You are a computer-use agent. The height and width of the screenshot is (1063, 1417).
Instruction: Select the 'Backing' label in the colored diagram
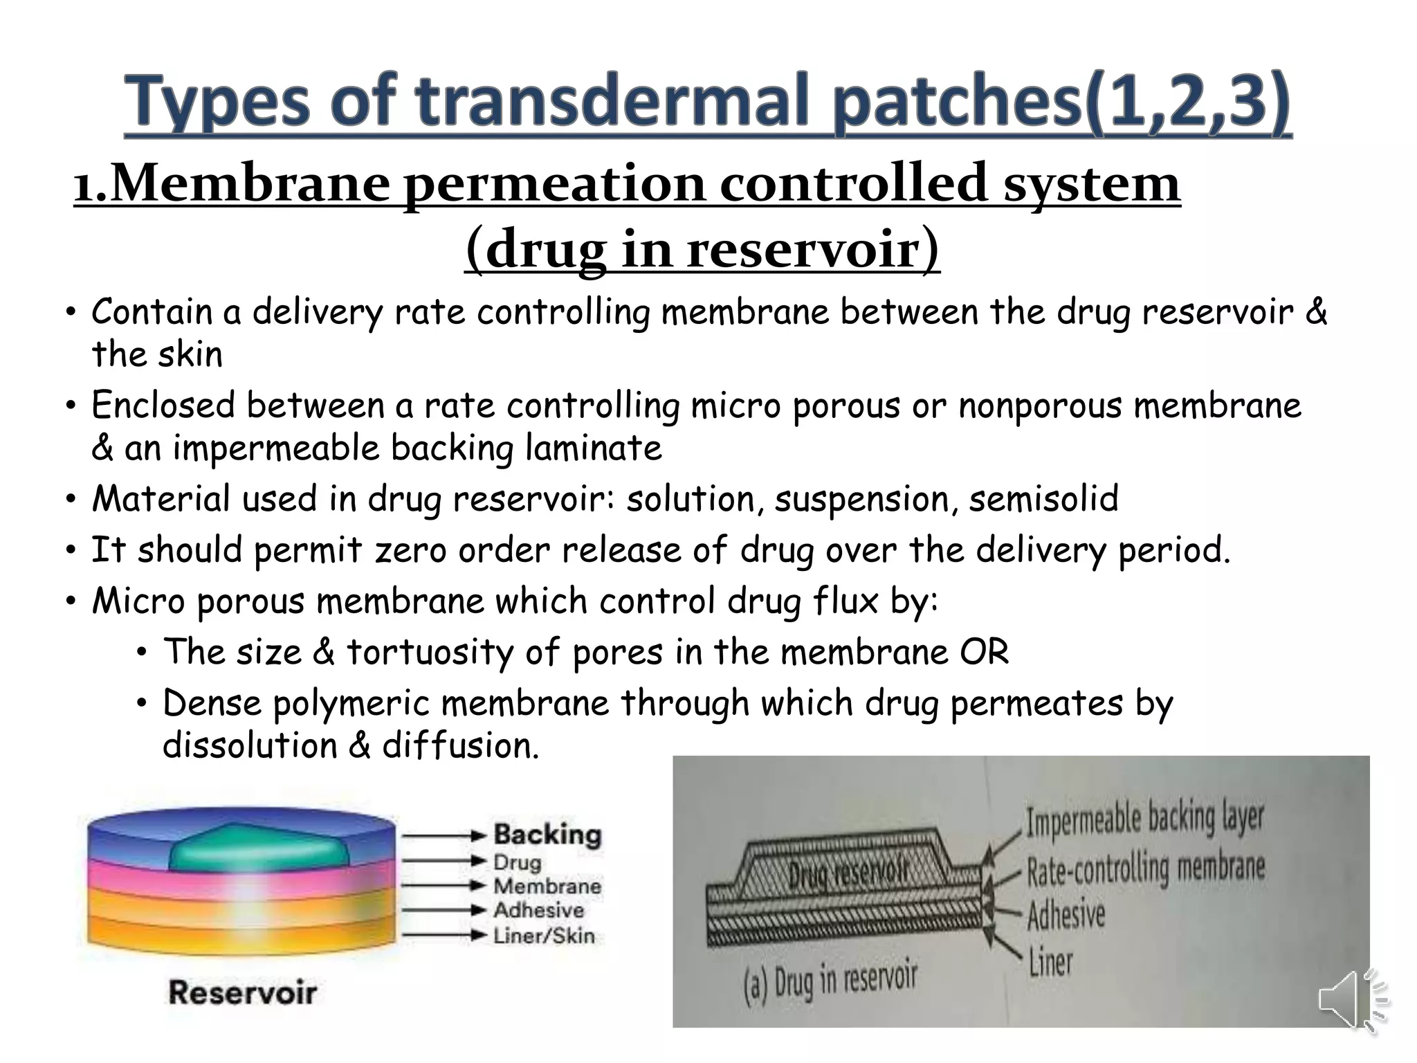coord(547,835)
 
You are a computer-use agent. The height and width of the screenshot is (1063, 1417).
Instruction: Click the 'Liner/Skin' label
coord(544,936)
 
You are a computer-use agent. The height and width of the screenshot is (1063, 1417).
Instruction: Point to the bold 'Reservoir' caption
coord(242,992)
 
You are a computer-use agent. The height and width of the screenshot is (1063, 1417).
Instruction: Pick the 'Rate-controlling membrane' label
coord(1146,869)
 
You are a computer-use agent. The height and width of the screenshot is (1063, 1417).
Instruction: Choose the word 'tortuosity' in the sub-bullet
coord(430,652)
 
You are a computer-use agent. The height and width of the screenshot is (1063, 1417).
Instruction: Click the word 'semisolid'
coord(1043,498)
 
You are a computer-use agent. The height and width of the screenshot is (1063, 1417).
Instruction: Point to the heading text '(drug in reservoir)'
coord(702,249)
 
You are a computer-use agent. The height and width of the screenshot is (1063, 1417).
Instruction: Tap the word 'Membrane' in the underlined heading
coord(250,184)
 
